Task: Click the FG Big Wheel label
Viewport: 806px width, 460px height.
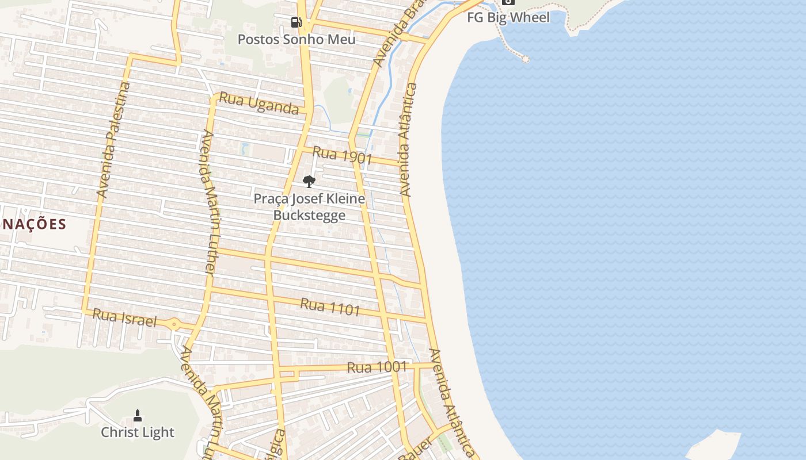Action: click(508, 17)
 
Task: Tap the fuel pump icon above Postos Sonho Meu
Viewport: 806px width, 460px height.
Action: click(296, 22)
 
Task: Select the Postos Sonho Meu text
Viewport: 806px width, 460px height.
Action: click(296, 40)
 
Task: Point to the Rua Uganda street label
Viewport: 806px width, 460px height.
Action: click(259, 104)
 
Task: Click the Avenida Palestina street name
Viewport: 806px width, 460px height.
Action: click(113, 140)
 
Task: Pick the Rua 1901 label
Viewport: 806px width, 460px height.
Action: click(343, 155)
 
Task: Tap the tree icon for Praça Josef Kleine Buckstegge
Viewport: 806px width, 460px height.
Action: click(309, 182)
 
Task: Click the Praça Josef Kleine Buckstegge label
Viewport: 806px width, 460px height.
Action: click(309, 207)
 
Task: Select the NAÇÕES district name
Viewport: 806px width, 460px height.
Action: click(33, 224)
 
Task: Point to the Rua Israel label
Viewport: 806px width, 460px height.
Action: click(124, 317)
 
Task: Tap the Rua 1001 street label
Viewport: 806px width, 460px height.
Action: click(377, 367)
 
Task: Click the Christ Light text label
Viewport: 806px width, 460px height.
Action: click(138, 432)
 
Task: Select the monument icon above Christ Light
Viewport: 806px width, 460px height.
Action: click(138, 415)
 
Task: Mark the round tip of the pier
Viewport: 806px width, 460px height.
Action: click(525, 59)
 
